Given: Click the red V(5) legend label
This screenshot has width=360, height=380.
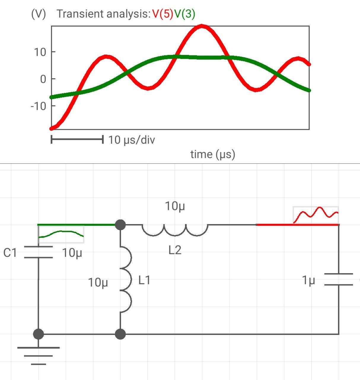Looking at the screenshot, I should click(163, 14).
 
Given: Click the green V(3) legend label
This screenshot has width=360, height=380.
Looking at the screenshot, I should click(184, 14).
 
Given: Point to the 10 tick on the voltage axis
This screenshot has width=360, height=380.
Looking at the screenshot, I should click(40, 52).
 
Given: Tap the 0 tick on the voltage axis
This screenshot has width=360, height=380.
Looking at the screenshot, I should click(43, 79).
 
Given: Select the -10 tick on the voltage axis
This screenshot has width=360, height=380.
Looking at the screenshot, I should click(39, 106).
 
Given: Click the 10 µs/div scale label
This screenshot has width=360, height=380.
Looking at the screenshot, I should click(131, 140).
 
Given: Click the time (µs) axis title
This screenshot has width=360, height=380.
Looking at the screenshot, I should click(213, 154).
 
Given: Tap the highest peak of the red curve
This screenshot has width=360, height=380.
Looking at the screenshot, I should click(202, 26).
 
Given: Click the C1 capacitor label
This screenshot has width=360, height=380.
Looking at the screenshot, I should click(10, 253).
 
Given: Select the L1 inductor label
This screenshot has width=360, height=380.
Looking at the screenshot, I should click(144, 280).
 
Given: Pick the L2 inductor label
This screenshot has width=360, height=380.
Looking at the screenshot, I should click(175, 250).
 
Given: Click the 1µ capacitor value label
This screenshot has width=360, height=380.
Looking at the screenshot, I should click(308, 280).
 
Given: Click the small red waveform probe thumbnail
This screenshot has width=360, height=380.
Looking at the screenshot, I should click(316, 215).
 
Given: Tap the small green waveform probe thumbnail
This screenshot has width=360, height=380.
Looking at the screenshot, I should click(61, 234).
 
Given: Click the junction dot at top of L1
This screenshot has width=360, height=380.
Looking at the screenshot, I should click(120, 225).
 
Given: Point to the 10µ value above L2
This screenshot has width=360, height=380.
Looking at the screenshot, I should click(175, 206).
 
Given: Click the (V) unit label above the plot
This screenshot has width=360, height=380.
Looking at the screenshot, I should click(39, 14).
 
